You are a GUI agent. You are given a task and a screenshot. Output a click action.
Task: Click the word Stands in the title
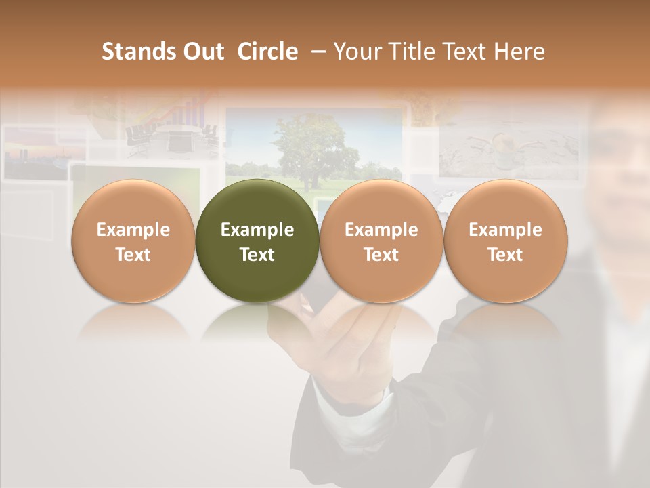point(138,52)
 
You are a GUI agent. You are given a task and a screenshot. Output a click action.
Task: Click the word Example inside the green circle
point(257,230)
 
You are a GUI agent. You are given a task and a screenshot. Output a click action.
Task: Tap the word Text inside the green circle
point(257,255)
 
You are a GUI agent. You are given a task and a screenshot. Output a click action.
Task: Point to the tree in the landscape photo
point(308,146)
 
